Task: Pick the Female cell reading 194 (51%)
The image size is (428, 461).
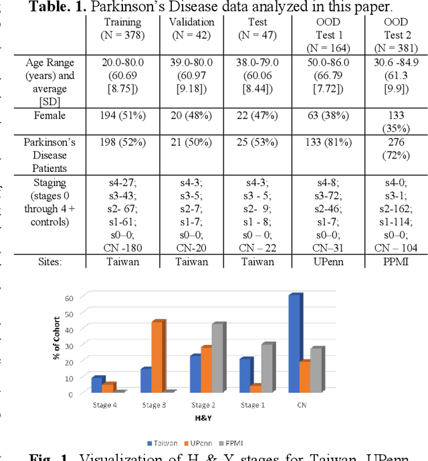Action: coord(122,116)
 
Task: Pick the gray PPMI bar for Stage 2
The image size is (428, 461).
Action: coord(217,358)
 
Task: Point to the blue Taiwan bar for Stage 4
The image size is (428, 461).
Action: coord(97,385)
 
